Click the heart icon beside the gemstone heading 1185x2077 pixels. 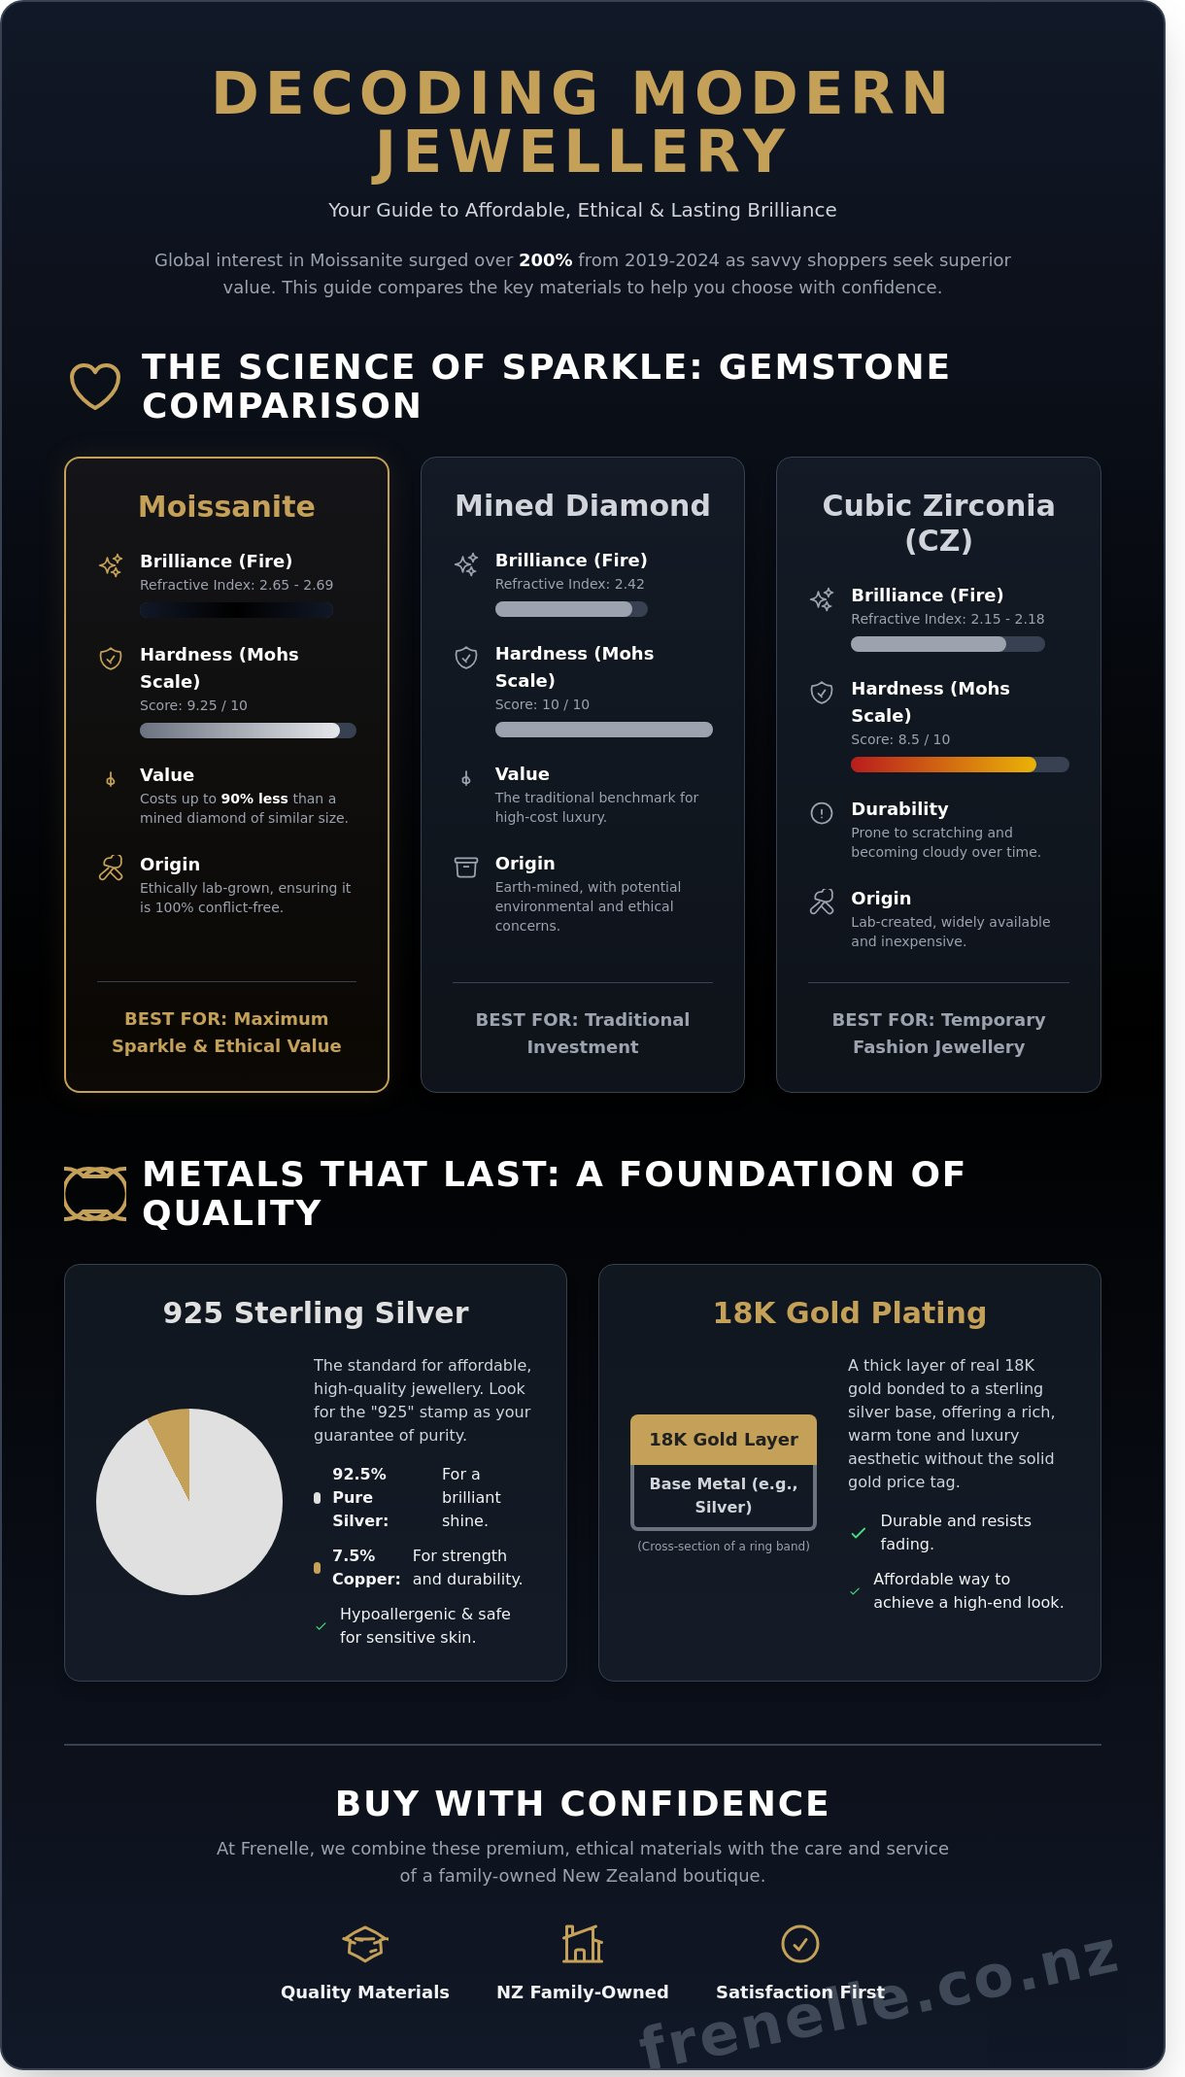point(95,386)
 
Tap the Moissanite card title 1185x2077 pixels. point(226,506)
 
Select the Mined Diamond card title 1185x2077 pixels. point(583,505)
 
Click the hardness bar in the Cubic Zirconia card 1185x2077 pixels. point(960,765)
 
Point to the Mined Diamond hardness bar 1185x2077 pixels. point(604,730)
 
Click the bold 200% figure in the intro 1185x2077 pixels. point(545,260)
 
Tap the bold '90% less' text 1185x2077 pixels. point(254,799)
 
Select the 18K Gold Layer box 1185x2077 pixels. point(724,1440)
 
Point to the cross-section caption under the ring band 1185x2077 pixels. point(724,1546)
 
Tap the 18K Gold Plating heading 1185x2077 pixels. point(850,1312)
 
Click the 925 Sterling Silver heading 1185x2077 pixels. point(316,1312)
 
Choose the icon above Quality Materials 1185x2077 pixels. point(365,1944)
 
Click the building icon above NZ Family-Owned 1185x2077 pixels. point(583,1944)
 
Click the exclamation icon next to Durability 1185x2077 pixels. point(822,813)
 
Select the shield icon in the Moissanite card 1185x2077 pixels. point(111,659)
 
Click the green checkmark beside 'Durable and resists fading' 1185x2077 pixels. point(859,1533)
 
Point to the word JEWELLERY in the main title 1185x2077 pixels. point(581,152)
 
